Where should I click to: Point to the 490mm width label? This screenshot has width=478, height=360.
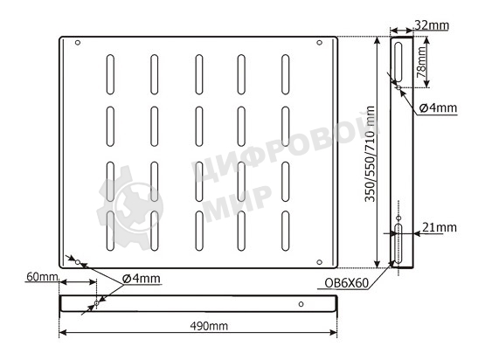[x=206, y=325]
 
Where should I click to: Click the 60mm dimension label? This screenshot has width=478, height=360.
[x=41, y=277]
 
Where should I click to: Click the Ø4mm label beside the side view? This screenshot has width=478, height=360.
[x=438, y=108]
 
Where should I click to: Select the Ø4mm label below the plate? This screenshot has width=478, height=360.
[x=141, y=278]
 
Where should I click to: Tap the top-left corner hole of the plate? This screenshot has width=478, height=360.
[x=77, y=43]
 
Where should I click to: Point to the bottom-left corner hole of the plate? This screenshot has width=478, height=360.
[x=77, y=260]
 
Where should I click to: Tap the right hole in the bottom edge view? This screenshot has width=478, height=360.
[x=301, y=304]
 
